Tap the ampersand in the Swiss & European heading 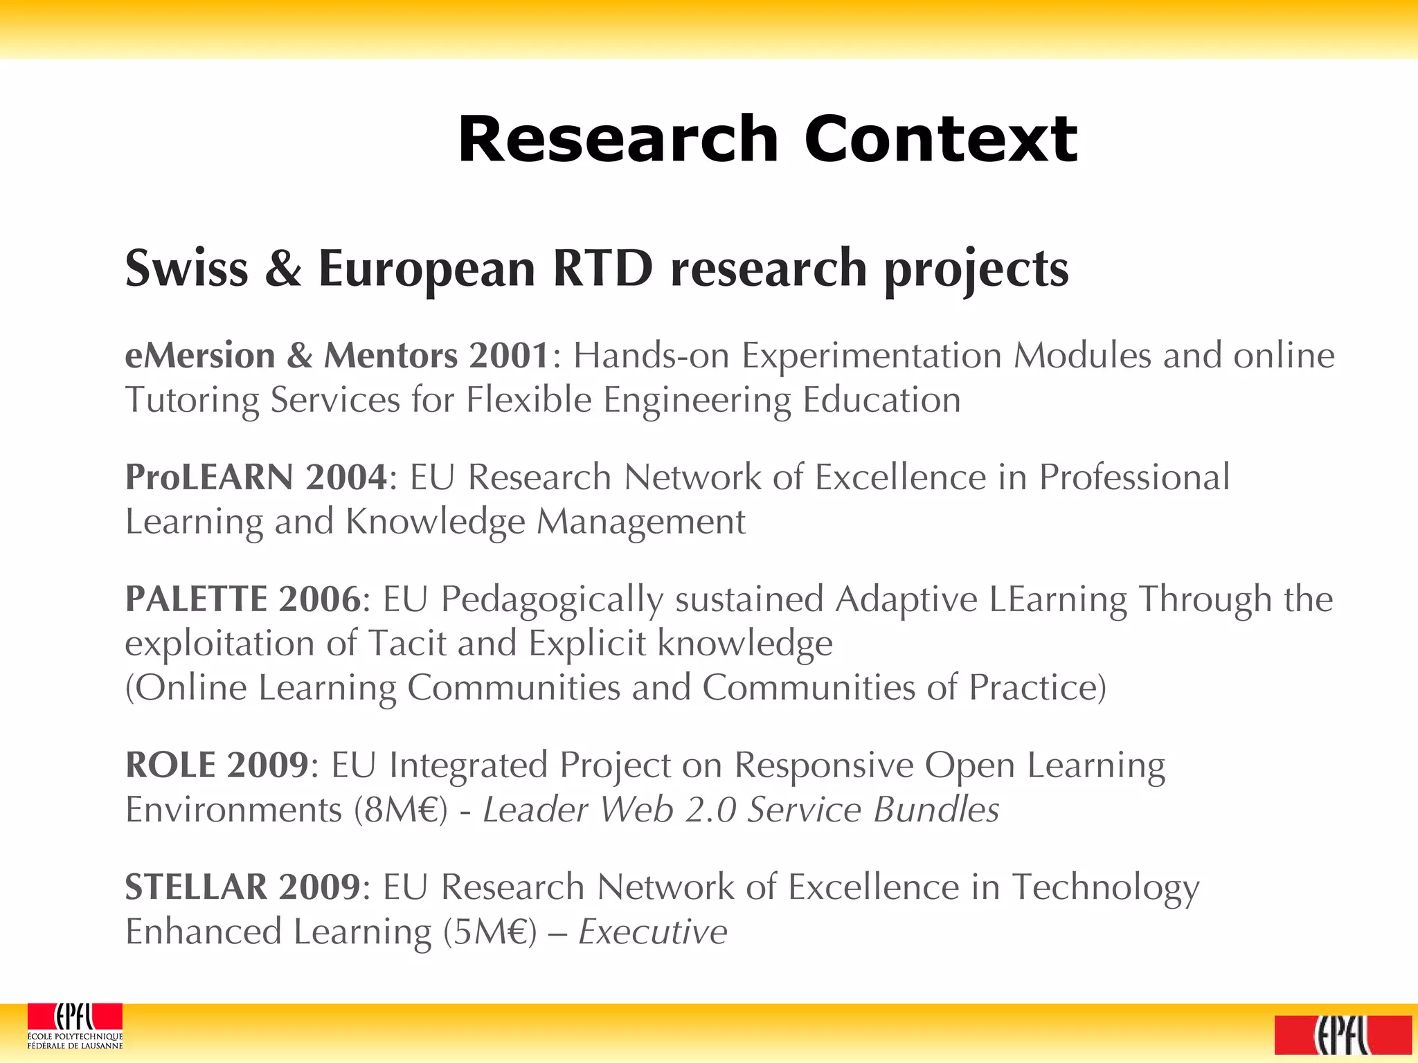coord(283,269)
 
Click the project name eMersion coord(200,356)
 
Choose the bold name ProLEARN coord(209,478)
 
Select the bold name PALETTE coord(196,599)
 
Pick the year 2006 coord(319,599)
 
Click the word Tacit coord(406,644)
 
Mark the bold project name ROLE coord(170,765)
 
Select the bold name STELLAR coord(196,887)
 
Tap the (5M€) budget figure coord(490,932)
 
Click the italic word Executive coord(653,932)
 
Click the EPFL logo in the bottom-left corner coord(75,1026)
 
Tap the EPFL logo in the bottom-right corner coord(1343,1034)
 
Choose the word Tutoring coord(192,400)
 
